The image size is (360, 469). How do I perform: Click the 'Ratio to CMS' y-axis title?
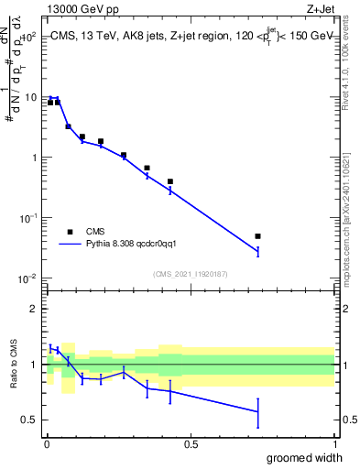click(13, 364)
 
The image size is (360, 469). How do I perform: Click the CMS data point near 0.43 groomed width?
click(170, 181)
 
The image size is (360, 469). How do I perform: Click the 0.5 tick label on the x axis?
click(191, 443)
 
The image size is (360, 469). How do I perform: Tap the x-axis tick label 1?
click(334, 443)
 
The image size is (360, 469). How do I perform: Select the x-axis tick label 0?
click(47, 443)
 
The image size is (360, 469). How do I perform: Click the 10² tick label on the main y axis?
click(29, 38)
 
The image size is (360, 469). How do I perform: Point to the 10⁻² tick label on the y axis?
click(28, 278)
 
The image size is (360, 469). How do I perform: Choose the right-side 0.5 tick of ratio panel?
click(346, 420)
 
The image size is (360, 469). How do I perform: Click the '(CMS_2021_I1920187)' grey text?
click(190, 273)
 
